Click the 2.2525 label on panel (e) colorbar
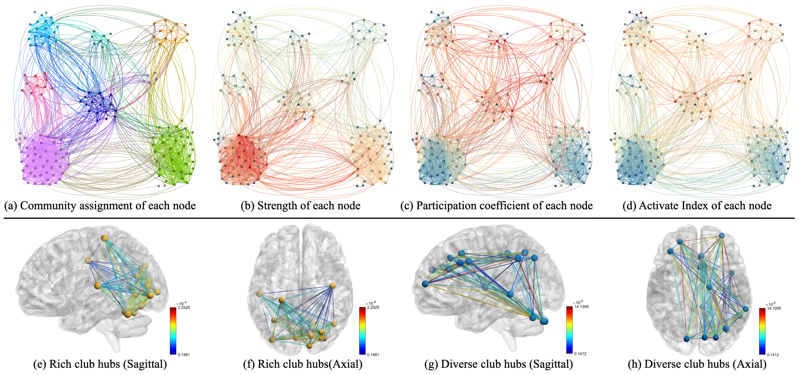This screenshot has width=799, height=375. click(184, 308)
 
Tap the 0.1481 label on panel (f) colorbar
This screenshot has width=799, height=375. click(373, 354)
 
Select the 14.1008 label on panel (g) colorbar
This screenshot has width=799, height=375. click(581, 307)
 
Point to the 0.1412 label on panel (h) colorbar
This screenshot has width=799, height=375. click(773, 354)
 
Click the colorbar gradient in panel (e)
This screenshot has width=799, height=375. click(173, 331)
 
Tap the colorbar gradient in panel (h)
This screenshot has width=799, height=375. click(762, 331)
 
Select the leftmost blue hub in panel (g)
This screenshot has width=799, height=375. click(425, 284)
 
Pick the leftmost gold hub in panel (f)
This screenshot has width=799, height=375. click(259, 294)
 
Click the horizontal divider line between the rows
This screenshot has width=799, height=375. click(399, 218)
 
